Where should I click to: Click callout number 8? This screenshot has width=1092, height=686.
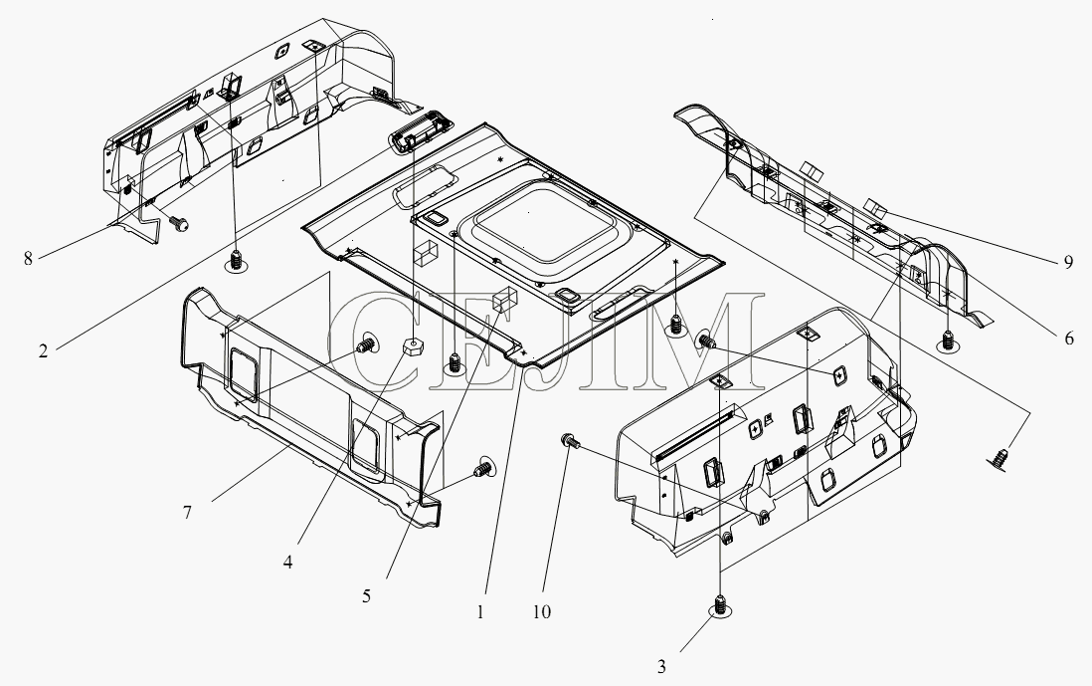point(28,259)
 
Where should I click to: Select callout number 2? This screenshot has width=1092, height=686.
point(43,351)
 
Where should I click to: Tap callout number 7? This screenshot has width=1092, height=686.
point(187,513)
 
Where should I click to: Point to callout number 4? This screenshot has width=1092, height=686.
point(287,562)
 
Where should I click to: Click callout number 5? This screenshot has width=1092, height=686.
point(366,596)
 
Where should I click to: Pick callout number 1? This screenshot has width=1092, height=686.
point(479,612)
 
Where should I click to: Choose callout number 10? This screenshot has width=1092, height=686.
point(541,612)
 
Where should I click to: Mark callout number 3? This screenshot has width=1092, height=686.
point(661,666)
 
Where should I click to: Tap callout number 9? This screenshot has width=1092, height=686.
point(1068,263)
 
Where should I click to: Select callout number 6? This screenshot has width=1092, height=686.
point(1069,339)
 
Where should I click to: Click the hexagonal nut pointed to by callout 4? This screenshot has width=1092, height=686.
point(413,346)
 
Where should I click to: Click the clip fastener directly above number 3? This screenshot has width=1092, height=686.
point(720,605)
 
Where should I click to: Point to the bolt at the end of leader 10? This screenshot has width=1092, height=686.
point(568,441)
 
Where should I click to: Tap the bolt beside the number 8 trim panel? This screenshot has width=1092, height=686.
point(180,224)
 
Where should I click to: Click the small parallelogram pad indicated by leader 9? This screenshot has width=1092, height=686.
point(876,206)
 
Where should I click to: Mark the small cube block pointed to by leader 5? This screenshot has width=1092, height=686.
point(502,301)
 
